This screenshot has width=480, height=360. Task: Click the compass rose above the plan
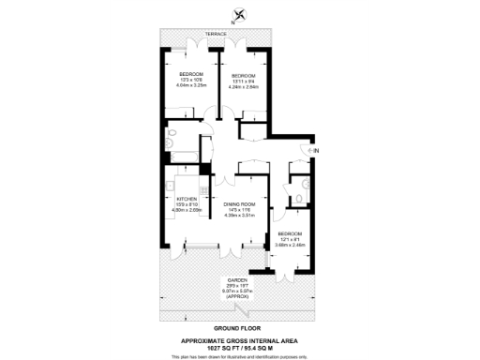[240, 13]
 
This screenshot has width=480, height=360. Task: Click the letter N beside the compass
[232, 23]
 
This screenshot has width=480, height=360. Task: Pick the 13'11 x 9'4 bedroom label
[244, 79]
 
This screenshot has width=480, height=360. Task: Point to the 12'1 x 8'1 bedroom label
[289, 237]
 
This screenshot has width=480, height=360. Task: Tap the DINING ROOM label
[239, 204]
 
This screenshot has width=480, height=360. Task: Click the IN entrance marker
[316, 151]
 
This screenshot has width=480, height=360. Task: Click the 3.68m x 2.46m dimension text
[289, 244]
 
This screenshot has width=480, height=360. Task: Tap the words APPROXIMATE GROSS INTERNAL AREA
[239, 342]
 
